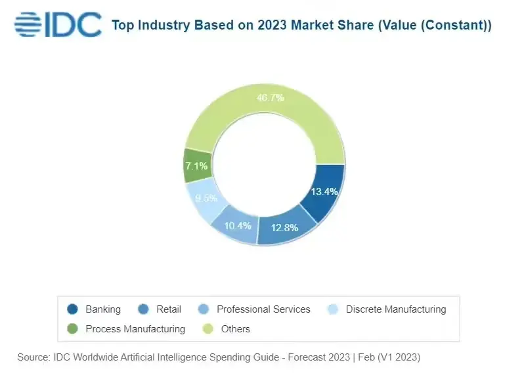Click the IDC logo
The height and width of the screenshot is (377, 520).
click(x=58, y=24)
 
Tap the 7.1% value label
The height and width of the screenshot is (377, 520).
click(x=196, y=166)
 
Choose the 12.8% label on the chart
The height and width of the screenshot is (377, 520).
click(x=284, y=228)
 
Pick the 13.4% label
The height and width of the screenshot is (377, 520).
click(x=324, y=192)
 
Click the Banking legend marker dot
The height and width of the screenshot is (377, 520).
click(x=73, y=309)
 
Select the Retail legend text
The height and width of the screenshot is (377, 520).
click(x=169, y=309)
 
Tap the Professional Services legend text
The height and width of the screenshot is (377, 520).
click(x=263, y=309)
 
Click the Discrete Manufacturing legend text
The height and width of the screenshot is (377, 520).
click(x=395, y=309)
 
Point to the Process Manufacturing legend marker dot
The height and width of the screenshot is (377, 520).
click(x=73, y=328)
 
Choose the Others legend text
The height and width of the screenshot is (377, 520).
click(x=236, y=328)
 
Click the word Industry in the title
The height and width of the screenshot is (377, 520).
click(x=163, y=26)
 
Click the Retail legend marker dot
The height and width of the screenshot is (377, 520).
click(x=143, y=309)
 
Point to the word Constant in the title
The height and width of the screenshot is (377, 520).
click(x=457, y=26)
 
